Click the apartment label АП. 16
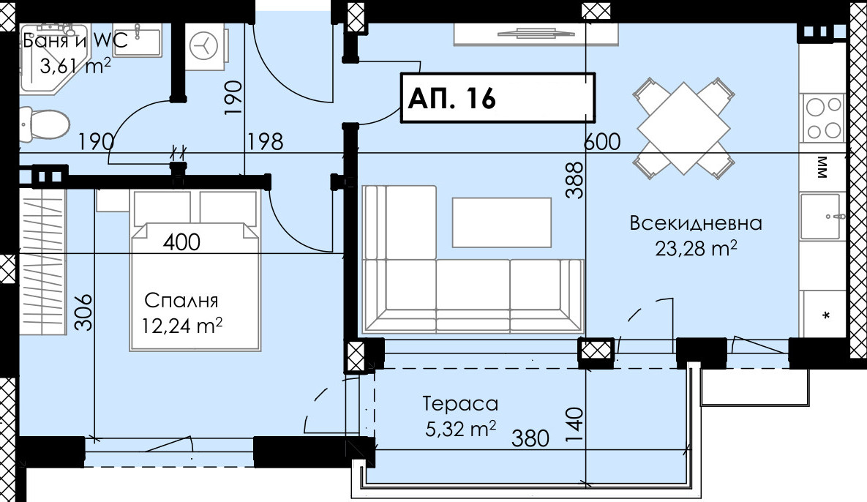click(451, 98)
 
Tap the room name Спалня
click(181, 301)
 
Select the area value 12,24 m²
click(182, 325)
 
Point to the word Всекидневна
click(696, 222)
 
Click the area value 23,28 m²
click(696, 248)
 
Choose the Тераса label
click(460, 404)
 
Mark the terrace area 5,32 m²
click(460, 429)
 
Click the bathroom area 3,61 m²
click(75, 67)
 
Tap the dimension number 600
click(602, 141)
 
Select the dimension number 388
click(575, 180)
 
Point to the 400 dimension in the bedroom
click(182, 241)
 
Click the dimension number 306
click(83, 312)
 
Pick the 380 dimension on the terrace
click(530, 438)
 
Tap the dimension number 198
click(266, 141)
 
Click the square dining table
click(683, 128)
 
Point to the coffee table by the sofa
click(501, 222)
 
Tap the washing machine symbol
click(205, 46)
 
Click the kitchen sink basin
click(823, 216)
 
